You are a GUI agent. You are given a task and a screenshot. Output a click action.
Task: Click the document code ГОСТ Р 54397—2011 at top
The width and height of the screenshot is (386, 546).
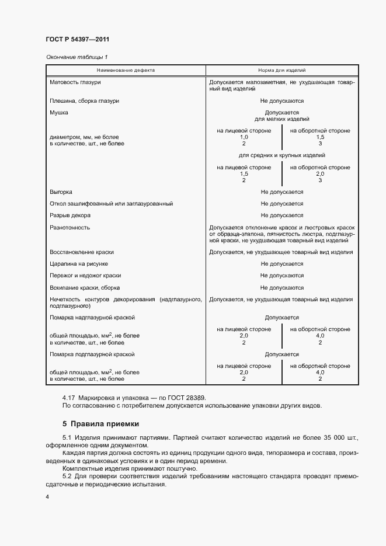[x=77, y=39]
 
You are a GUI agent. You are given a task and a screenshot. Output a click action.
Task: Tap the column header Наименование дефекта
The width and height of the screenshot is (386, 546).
[x=126, y=69]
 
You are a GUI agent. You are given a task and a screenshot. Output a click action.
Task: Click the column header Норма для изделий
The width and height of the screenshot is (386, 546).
[x=281, y=69]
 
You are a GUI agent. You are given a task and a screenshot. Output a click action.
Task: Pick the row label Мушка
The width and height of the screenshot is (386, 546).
[x=59, y=112]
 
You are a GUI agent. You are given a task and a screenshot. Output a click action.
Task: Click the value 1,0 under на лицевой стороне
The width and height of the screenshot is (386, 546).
[x=244, y=137]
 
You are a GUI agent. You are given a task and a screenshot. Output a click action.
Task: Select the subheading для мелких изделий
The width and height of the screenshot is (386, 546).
[x=281, y=119]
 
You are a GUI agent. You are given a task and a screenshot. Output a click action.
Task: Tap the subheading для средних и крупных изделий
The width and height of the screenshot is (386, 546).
[x=281, y=155]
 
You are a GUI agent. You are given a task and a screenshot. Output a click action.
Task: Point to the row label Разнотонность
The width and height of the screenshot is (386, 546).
[x=70, y=227]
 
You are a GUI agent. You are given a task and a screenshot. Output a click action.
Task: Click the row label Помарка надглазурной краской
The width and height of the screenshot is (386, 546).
[x=92, y=317]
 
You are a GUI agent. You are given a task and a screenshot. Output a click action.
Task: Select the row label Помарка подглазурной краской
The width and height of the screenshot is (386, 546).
[x=92, y=354]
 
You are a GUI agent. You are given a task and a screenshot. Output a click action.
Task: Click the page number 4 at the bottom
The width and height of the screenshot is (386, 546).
[x=47, y=496]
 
